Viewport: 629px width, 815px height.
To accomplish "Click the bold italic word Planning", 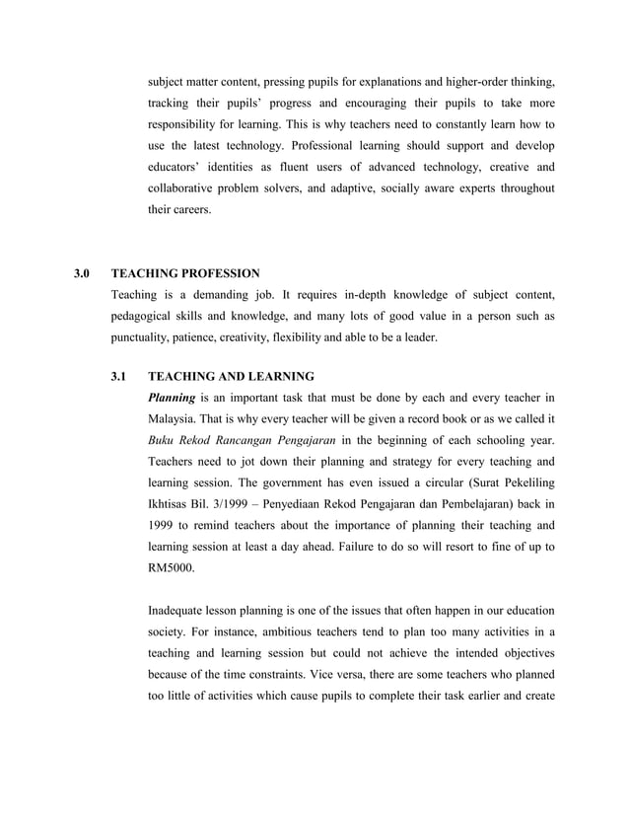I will tap(172, 398).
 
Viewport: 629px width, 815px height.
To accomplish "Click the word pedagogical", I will tap(149, 316).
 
